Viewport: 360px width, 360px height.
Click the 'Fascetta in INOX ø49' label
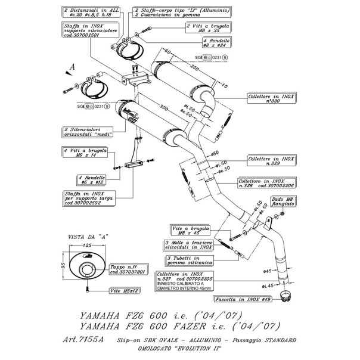(249, 300)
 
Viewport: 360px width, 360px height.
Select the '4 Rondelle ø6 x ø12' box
(92, 179)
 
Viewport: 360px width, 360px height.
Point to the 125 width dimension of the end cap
(87, 245)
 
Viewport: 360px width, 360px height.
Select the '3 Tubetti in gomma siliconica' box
(185, 260)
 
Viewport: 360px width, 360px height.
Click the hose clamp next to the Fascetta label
(288, 296)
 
